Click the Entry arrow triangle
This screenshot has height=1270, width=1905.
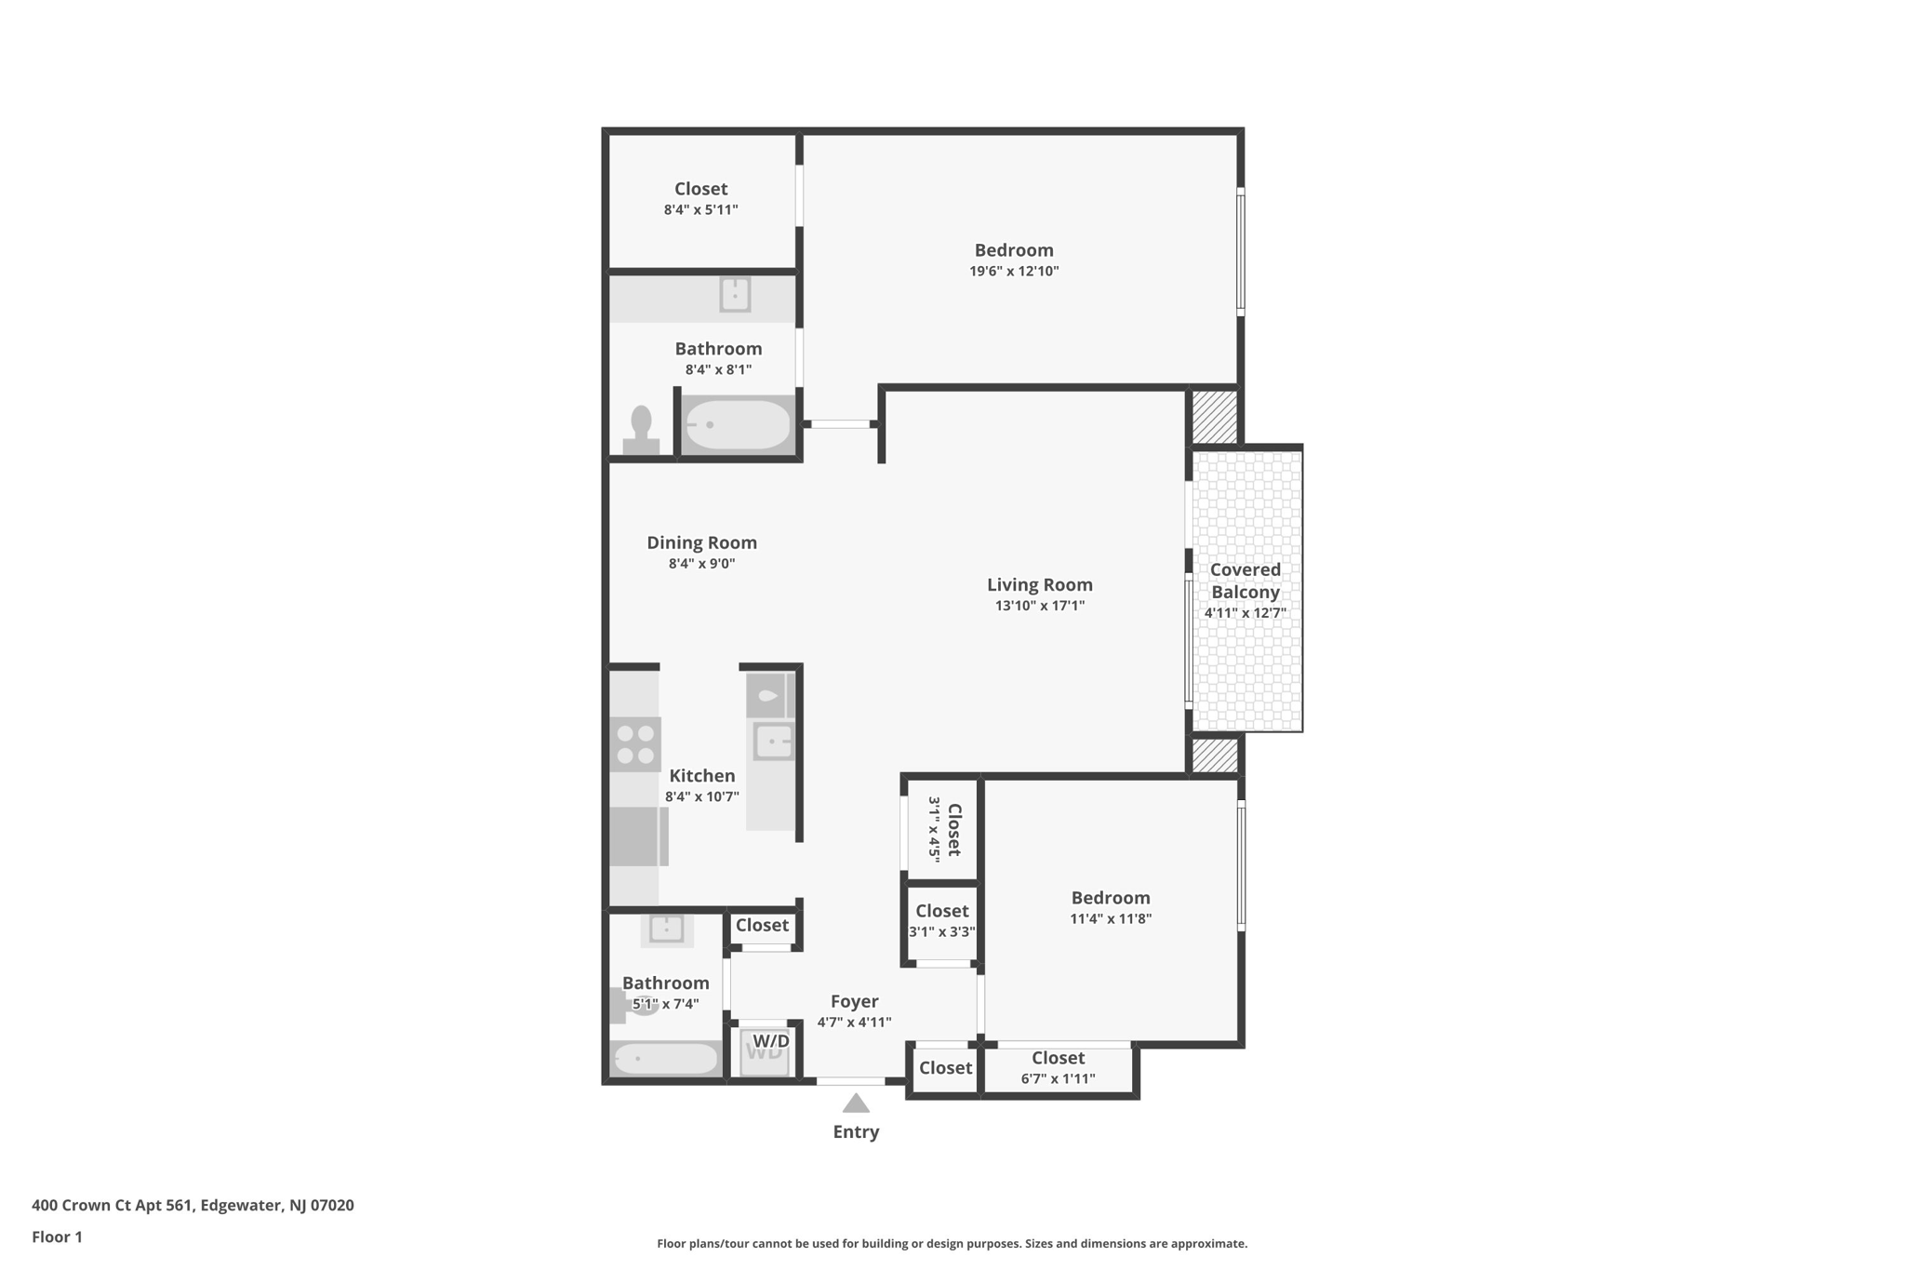[856, 1103]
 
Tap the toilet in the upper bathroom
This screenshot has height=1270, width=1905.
[641, 430]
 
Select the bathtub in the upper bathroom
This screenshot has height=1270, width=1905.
[739, 424]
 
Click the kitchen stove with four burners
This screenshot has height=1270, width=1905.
[636, 744]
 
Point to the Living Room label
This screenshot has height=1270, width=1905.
[1040, 584]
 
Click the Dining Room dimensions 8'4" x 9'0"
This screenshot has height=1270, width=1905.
[701, 564]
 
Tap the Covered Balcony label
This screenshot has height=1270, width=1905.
[1246, 581]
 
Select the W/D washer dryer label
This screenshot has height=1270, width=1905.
[771, 1041]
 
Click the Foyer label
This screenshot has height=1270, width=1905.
[854, 1001]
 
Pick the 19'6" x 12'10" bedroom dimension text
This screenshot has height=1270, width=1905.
[1014, 272]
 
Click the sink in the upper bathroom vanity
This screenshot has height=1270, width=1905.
[735, 295]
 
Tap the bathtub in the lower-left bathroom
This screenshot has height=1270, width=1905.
[666, 1058]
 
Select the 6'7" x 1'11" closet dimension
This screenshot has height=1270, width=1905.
[1058, 1079]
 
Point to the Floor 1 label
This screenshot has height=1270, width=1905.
[57, 1237]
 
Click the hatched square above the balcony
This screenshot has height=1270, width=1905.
[1215, 417]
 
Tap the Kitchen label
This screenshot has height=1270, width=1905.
[702, 776]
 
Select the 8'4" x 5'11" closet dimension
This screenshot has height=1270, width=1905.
[701, 210]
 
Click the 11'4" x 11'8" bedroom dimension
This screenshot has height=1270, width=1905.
[1111, 919]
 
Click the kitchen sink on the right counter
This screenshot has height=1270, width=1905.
[774, 742]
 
